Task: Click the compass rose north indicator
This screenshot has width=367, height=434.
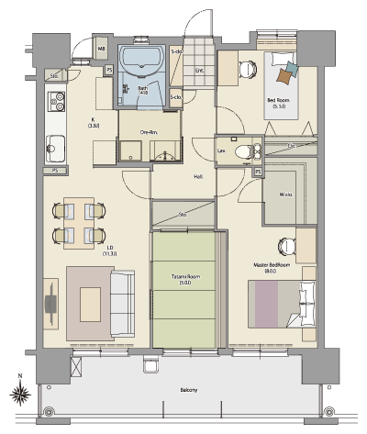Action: [x=20, y=395]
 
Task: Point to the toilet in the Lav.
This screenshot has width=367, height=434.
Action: [x=243, y=152]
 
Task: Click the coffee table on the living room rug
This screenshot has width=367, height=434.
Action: [x=91, y=300]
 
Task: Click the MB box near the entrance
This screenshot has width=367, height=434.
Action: [x=102, y=49]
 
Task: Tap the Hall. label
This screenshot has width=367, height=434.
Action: [x=197, y=176]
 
